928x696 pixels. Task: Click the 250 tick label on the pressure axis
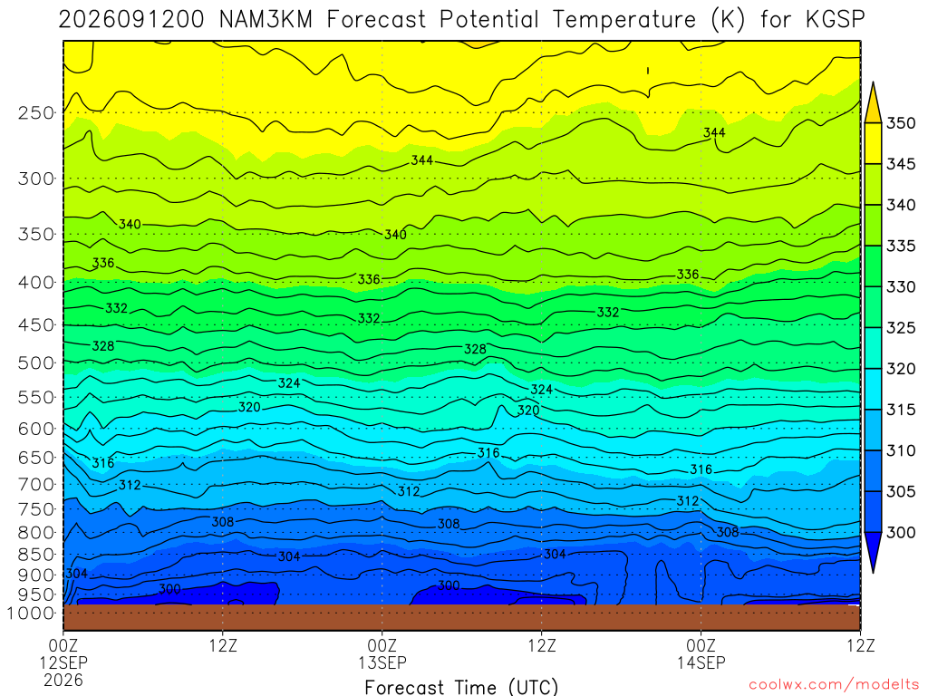pos(36,112)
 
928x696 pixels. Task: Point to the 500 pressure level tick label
pos(36,362)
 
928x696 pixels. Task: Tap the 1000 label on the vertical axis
pos(32,614)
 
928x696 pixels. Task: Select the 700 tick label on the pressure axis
pos(36,485)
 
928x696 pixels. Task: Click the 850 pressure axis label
pos(36,555)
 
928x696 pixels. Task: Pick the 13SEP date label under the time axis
pos(382,662)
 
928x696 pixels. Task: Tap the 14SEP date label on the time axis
pos(701,662)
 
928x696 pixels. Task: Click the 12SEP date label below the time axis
pos(63,662)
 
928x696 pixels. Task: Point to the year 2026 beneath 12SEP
pos(63,680)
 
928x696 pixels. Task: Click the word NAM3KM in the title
pos(266,20)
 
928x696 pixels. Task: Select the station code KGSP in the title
pos(835,20)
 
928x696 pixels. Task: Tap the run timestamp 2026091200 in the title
pos(130,20)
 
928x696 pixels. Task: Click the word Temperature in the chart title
pos(624,20)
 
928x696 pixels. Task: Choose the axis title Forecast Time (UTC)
pos(461,687)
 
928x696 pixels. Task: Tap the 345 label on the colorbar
pos(901,164)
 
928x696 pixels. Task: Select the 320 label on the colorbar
pos(901,369)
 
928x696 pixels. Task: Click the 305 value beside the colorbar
pos(901,491)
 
